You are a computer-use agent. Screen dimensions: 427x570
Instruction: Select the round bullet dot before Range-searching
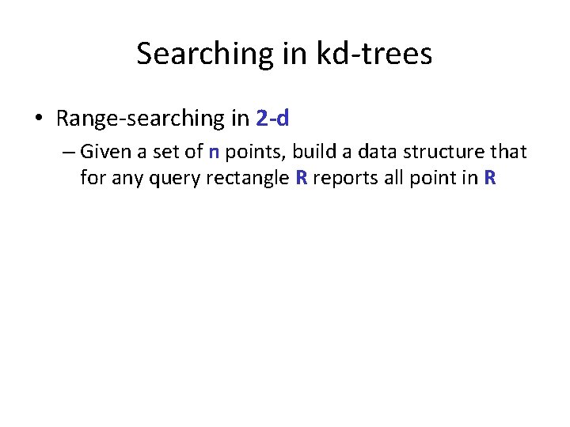(x=39, y=119)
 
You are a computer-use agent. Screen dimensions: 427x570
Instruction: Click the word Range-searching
(x=140, y=119)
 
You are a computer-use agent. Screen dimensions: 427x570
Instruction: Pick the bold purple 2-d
(x=272, y=119)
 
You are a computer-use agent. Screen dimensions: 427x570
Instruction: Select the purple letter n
(x=214, y=151)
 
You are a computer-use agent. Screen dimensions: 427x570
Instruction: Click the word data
(x=364, y=151)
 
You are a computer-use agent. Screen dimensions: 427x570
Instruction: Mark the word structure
(x=438, y=151)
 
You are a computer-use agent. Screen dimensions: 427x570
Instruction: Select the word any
(x=125, y=178)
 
